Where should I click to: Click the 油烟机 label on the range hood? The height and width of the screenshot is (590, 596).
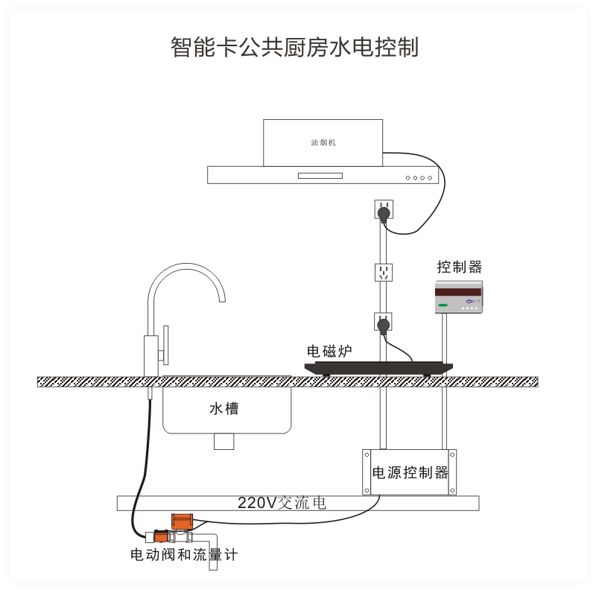323,141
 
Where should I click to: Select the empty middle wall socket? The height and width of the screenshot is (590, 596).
384,271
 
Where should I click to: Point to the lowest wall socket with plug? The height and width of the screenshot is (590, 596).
383,323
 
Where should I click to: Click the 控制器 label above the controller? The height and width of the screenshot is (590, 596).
460,266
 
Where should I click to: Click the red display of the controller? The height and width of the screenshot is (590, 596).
460,291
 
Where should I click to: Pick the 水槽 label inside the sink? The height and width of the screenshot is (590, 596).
224,409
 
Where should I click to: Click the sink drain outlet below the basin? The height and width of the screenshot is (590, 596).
223,441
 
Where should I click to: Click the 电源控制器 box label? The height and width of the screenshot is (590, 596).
410,472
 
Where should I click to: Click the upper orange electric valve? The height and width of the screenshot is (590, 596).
182,520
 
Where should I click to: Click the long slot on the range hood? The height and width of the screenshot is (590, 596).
320,176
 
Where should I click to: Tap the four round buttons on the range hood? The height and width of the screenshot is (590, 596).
418,178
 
